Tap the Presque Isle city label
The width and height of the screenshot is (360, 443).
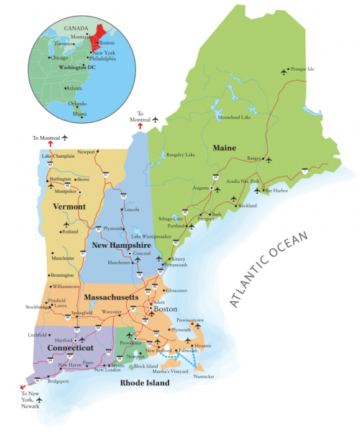302,70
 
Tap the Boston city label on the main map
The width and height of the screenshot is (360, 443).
166,309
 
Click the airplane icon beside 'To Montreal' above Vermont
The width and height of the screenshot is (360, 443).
64,137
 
